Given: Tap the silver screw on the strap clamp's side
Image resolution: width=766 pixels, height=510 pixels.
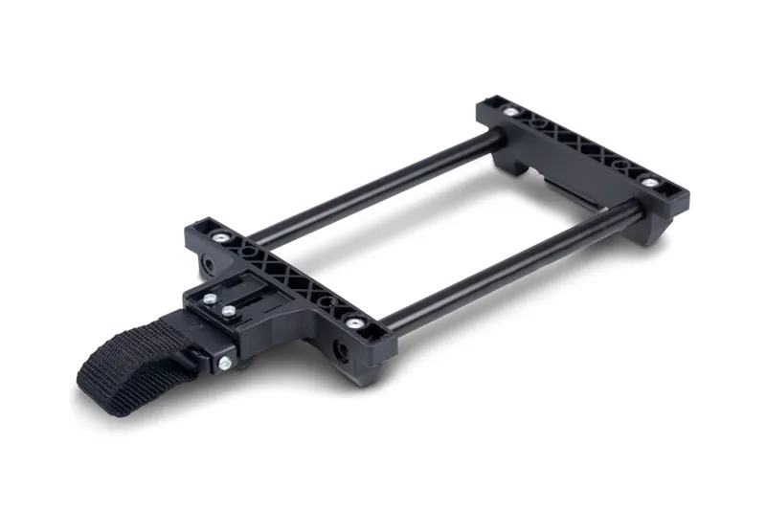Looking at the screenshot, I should pos(224,362).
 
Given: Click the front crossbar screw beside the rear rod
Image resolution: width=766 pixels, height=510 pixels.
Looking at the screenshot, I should pos(222,236).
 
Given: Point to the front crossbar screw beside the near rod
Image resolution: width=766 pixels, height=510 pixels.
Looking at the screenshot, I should pos(354,322).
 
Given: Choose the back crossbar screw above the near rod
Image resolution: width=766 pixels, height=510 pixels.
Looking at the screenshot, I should pos(650,182).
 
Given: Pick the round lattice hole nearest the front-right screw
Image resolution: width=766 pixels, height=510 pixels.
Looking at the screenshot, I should pos(331,307).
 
